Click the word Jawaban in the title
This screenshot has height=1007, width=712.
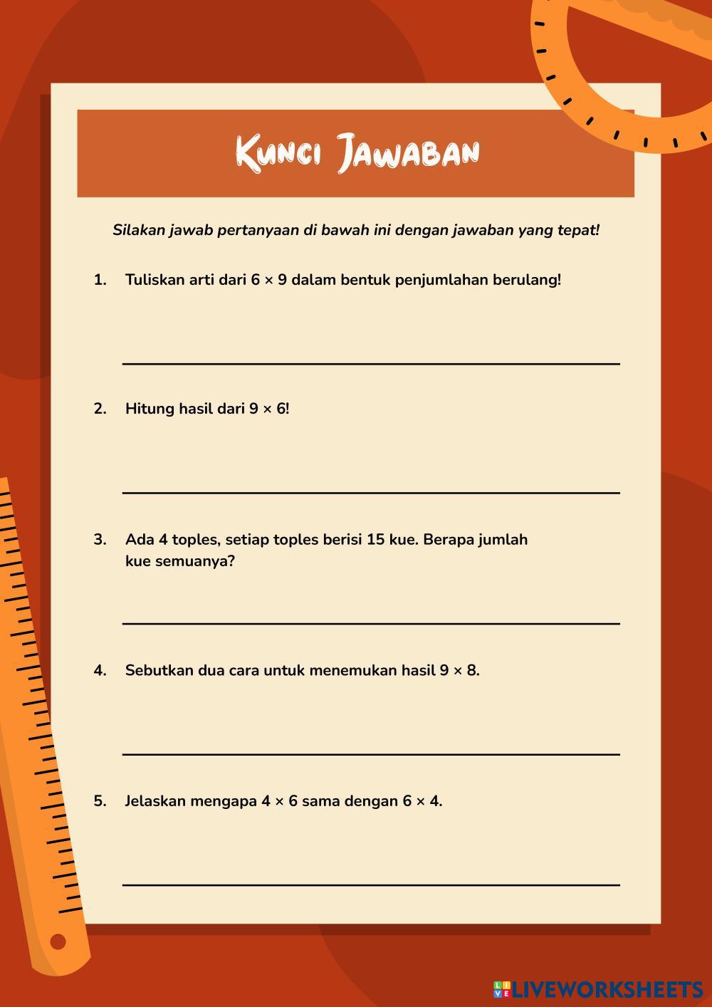(x=409, y=152)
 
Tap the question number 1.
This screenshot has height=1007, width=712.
(x=100, y=280)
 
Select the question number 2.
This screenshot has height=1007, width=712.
(x=100, y=409)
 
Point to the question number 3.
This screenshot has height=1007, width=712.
(x=100, y=540)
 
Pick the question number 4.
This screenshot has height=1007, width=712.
(x=100, y=670)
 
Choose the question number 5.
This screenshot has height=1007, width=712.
(x=100, y=801)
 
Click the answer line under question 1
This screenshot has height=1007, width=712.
(x=370, y=364)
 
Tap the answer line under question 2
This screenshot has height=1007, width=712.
(x=370, y=492)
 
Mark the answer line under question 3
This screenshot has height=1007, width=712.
(x=370, y=623)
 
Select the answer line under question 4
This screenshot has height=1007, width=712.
(x=370, y=753)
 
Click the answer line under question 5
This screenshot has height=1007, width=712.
(x=370, y=885)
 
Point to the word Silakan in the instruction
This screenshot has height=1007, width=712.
(x=139, y=230)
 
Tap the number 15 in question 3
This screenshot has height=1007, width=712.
(x=376, y=540)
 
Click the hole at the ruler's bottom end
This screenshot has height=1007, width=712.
(x=58, y=941)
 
